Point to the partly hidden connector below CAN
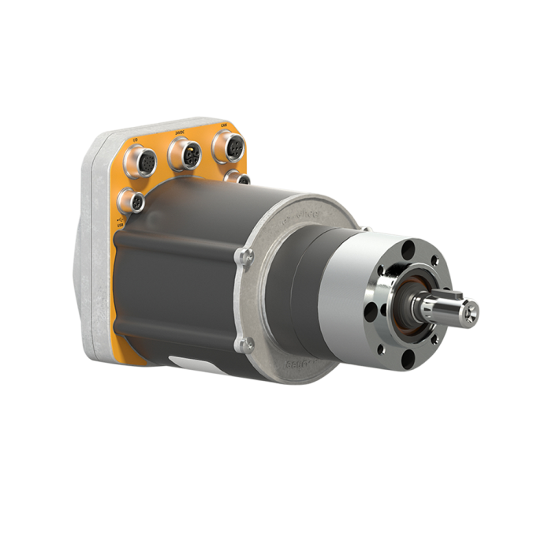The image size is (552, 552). (236, 178)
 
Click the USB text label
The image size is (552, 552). (120, 226)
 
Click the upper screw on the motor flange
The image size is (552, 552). (246, 254)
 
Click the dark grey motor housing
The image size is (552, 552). (181, 276)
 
